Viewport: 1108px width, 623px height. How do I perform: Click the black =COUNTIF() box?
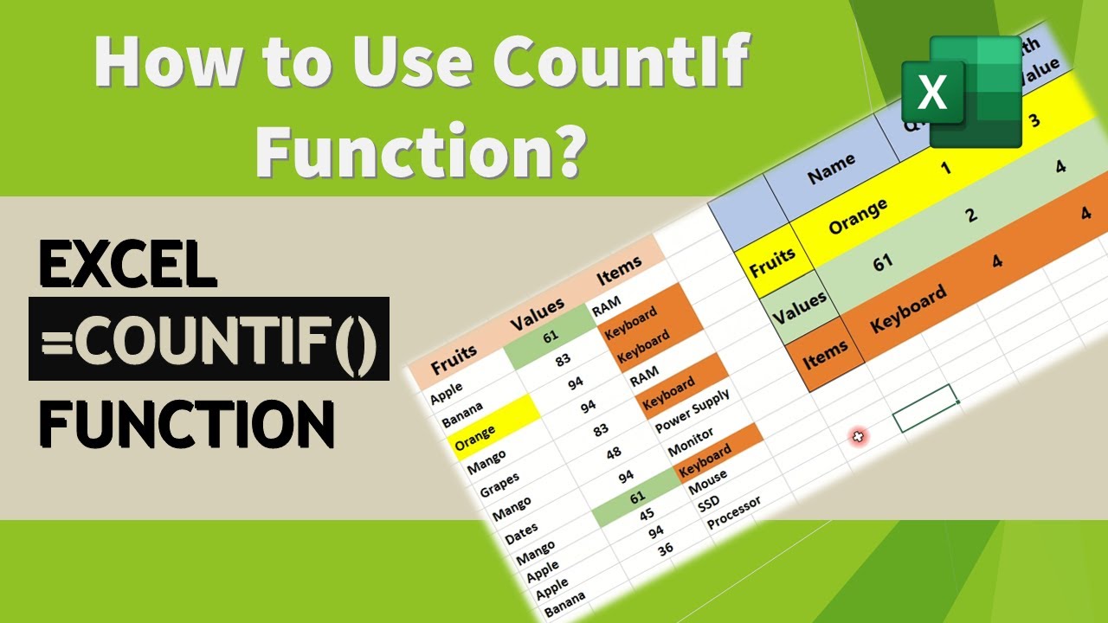coord(209,339)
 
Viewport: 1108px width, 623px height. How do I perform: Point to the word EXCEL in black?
coord(128,263)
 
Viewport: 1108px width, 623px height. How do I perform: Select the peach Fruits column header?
coord(454,356)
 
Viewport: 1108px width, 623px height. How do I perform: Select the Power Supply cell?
coord(692,411)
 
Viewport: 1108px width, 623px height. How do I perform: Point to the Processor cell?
coord(734,512)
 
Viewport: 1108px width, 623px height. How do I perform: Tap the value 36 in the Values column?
coord(665,549)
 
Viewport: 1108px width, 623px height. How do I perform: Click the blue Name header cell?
coord(832,168)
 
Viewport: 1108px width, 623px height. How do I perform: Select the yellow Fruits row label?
coord(772,262)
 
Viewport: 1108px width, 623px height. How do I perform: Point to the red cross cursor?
coord(860,438)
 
